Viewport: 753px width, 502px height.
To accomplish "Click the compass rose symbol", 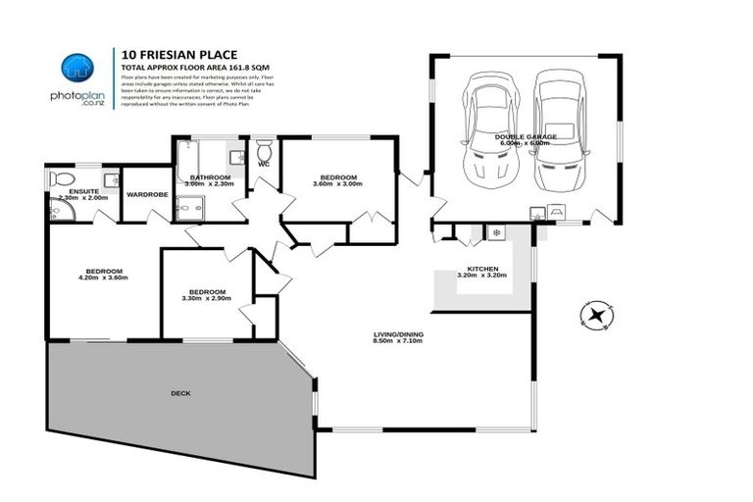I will (595, 315).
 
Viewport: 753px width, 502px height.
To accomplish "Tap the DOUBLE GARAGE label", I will (527, 136).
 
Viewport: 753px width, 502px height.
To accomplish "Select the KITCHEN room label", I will (483, 269).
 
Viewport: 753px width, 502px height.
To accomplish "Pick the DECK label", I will (180, 393).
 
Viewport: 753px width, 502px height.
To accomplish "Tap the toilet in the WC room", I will (264, 152).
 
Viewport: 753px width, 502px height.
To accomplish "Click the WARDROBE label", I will (146, 194).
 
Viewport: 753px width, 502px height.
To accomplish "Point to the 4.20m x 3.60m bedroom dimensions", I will (103, 278).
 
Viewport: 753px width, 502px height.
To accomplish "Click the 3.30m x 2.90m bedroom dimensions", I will (207, 299).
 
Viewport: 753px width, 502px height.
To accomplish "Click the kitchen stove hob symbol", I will (496, 232).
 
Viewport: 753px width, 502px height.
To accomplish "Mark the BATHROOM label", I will (209, 177).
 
